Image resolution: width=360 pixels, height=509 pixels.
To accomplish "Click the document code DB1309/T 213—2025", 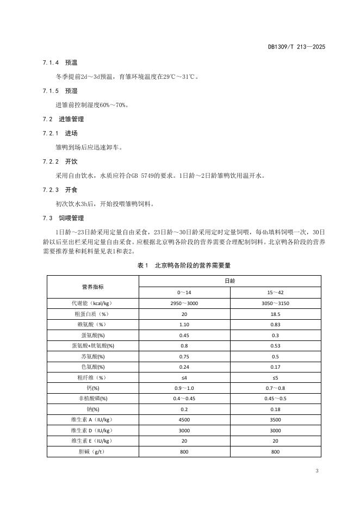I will tap(296, 47).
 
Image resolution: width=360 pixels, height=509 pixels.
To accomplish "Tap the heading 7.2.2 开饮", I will tap(60, 162).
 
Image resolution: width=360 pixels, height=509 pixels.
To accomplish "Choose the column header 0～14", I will tap(184, 293).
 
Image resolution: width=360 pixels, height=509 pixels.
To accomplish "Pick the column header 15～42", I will tap(275, 293).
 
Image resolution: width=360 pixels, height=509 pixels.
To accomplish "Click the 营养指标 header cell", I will tap(92, 287).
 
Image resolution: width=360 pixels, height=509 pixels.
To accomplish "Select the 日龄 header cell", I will tap(229, 281).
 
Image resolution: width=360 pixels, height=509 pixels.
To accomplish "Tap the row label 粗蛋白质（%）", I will tap(92, 314).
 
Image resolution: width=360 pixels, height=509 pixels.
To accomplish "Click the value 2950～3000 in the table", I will tap(184, 303).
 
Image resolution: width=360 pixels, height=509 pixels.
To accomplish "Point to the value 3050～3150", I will tap(275, 303).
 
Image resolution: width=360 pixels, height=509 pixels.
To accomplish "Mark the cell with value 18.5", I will tap(275, 314).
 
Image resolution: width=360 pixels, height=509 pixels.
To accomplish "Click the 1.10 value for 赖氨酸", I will tap(184, 324).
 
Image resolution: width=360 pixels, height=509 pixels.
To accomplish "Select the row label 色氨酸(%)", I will tap(92, 367).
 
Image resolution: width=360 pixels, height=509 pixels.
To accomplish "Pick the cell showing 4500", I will tap(184, 420).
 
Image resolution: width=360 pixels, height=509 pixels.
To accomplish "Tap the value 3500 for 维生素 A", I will tap(275, 420).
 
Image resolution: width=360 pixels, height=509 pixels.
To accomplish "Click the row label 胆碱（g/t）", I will tap(92, 451).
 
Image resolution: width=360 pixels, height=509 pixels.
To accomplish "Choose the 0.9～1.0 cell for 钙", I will tap(184, 388).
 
